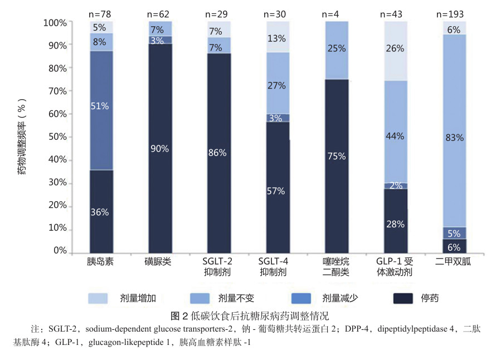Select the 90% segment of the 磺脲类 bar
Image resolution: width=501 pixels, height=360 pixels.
160,149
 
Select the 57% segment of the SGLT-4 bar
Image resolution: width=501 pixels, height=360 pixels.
278,191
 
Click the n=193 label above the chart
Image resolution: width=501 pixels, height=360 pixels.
454,13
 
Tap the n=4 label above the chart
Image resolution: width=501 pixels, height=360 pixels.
337,13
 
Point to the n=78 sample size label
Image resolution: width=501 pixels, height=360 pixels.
101,13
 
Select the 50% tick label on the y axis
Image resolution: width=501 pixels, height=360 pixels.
57,137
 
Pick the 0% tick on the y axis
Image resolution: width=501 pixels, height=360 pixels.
60,251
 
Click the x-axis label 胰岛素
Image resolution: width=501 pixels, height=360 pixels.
101,262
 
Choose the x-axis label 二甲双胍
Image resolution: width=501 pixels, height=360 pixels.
454,262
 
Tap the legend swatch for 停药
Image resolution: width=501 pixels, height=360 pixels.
398,298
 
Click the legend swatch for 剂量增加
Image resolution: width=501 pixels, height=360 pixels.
98,298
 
